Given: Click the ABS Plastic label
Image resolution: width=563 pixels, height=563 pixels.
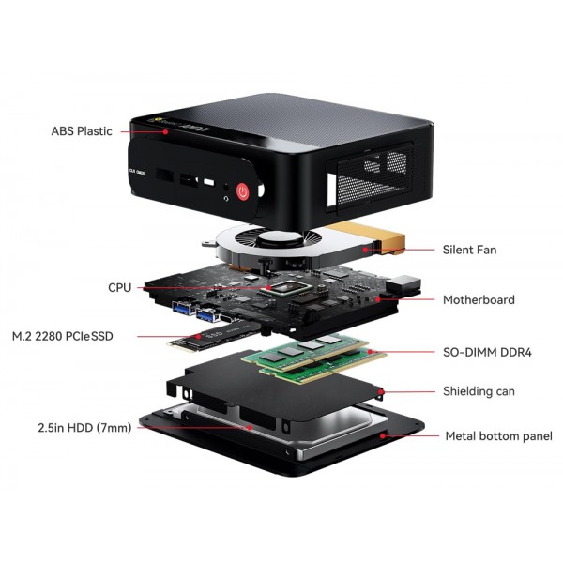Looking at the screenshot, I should click(x=82, y=131).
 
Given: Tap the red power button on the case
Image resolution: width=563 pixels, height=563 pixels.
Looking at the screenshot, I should click(x=243, y=191).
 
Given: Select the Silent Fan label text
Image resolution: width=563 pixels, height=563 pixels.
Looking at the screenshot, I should click(x=469, y=250).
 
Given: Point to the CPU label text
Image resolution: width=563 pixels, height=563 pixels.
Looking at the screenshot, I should click(x=120, y=288).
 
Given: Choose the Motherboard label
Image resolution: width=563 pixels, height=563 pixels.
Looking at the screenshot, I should click(x=479, y=300).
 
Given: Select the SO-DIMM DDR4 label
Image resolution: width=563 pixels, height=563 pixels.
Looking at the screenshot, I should click(x=487, y=353).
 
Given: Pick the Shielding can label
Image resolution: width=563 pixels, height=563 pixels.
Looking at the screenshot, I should click(x=479, y=390).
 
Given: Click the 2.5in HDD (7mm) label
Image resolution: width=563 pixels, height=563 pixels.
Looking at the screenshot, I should click(x=71, y=428).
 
